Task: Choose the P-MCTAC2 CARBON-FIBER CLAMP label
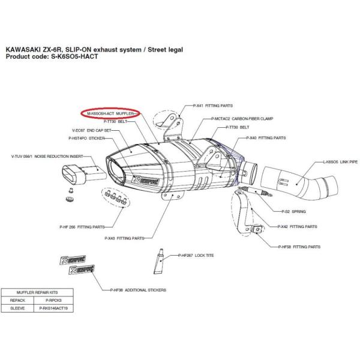coord(241,119)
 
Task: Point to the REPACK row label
coord(17,300)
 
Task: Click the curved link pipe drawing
coord(294,182)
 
